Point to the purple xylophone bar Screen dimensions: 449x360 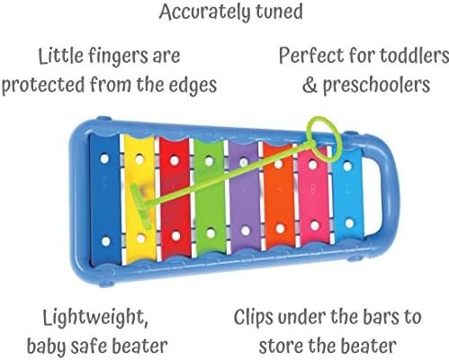[x=245, y=196]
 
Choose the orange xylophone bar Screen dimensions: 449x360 [x=279, y=196]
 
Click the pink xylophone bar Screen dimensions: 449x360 [x=314, y=196]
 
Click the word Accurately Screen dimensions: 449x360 [x=204, y=12]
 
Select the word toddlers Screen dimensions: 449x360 [x=415, y=56]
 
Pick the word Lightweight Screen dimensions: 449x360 [x=95, y=318]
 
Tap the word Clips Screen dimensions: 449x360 [x=254, y=318]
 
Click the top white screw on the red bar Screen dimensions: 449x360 [x=175, y=161]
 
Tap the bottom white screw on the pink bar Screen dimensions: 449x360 [x=315, y=226]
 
